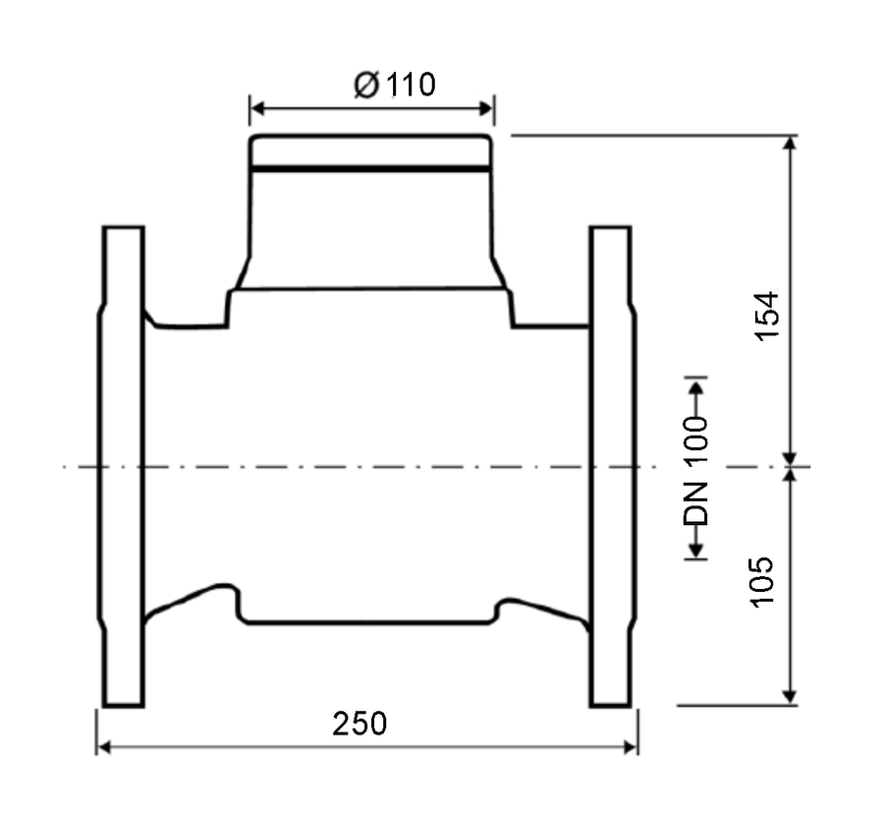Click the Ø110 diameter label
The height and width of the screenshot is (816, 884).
[x=395, y=85]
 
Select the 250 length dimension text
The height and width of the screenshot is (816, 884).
[x=359, y=724]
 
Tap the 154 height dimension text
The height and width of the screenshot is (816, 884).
[x=767, y=316]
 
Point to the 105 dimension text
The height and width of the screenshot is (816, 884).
[x=762, y=582]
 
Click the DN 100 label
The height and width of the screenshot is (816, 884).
[x=695, y=471]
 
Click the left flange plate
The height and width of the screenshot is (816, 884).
[x=123, y=466]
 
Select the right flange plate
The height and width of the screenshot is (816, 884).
[x=613, y=466]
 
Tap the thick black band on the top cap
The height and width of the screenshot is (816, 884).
[x=370, y=169]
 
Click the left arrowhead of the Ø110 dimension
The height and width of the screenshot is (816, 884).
[x=257, y=108]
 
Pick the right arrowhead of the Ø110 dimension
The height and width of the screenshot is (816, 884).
[x=486, y=108]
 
